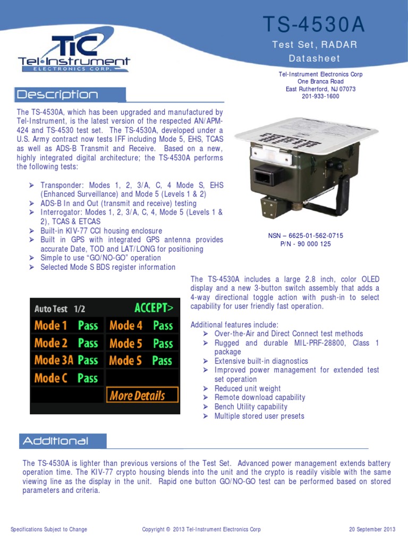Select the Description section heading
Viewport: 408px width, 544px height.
pyautogui.click(x=58, y=95)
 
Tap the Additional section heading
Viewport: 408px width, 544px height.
pyautogui.click(x=55, y=441)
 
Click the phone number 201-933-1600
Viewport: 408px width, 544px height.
pyautogui.click(x=320, y=97)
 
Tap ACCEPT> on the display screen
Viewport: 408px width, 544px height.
pyautogui.click(x=154, y=308)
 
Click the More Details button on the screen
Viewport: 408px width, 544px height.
pyautogui.click(x=137, y=395)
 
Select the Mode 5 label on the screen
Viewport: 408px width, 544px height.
pyautogui.click(x=126, y=343)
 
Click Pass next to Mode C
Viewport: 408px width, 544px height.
pyautogui.click(x=88, y=378)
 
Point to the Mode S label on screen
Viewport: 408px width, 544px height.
pyautogui.click(x=125, y=361)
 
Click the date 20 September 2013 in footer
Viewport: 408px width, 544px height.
pyautogui.click(x=372, y=529)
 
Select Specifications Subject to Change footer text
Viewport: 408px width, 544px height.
pyautogui.click(x=49, y=529)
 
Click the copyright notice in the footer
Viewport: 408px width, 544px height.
pyautogui.click(x=201, y=529)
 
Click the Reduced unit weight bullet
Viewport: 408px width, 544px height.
pyautogui.click(x=248, y=388)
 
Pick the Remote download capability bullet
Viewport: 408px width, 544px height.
pyautogui.click(x=260, y=397)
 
